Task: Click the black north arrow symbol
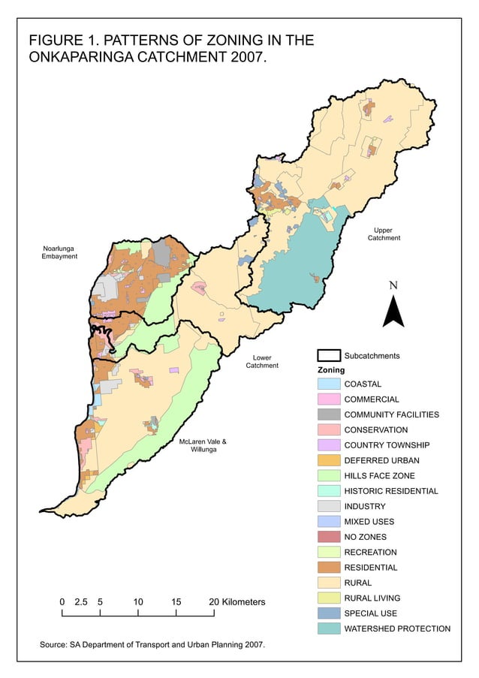[x=393, y=311]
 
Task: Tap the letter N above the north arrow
[x=393, y=285]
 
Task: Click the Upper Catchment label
[x=384, y=234]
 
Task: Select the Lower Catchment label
[x=262, y=361]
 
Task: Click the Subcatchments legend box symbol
[x=327, y=356]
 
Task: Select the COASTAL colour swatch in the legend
[x=327, y=384]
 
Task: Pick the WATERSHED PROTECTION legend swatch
[x=327, y=628]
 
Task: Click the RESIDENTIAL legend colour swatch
[x=327, y=568]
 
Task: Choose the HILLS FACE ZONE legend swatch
[x=327, y=476]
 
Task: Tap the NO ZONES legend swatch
[x=327, y=537]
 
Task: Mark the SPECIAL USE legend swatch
[x=327, y=613]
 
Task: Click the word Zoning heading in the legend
[x=330, y=370]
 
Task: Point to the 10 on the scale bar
[x=138, y=602]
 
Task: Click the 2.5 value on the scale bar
[x=81, y=602]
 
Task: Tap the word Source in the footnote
[x=53, y=645]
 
